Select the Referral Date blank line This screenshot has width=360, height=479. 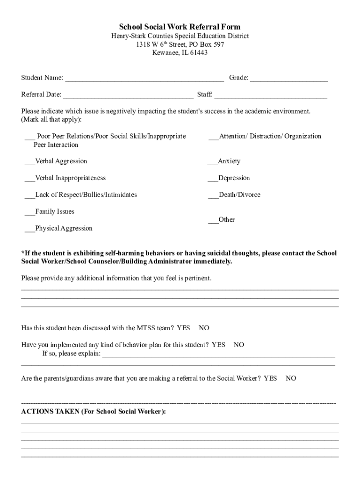point(128,95)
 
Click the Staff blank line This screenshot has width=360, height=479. point(271,95)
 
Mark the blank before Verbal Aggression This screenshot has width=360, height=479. point(30,162)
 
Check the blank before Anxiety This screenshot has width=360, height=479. point(212,162)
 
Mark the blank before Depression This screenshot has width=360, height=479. point(213,179)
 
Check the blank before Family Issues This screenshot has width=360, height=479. point(30,212)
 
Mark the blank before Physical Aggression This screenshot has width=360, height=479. point(30,229)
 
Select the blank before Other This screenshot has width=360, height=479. point(213,220)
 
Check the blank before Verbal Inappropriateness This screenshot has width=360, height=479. point(30,179)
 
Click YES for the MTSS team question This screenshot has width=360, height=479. point(183,328)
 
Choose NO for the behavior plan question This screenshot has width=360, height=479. point(239,345)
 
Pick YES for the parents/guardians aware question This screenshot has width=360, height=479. point(270,378)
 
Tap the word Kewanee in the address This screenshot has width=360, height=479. point(165,53)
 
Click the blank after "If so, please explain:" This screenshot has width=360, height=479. point(218,354)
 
